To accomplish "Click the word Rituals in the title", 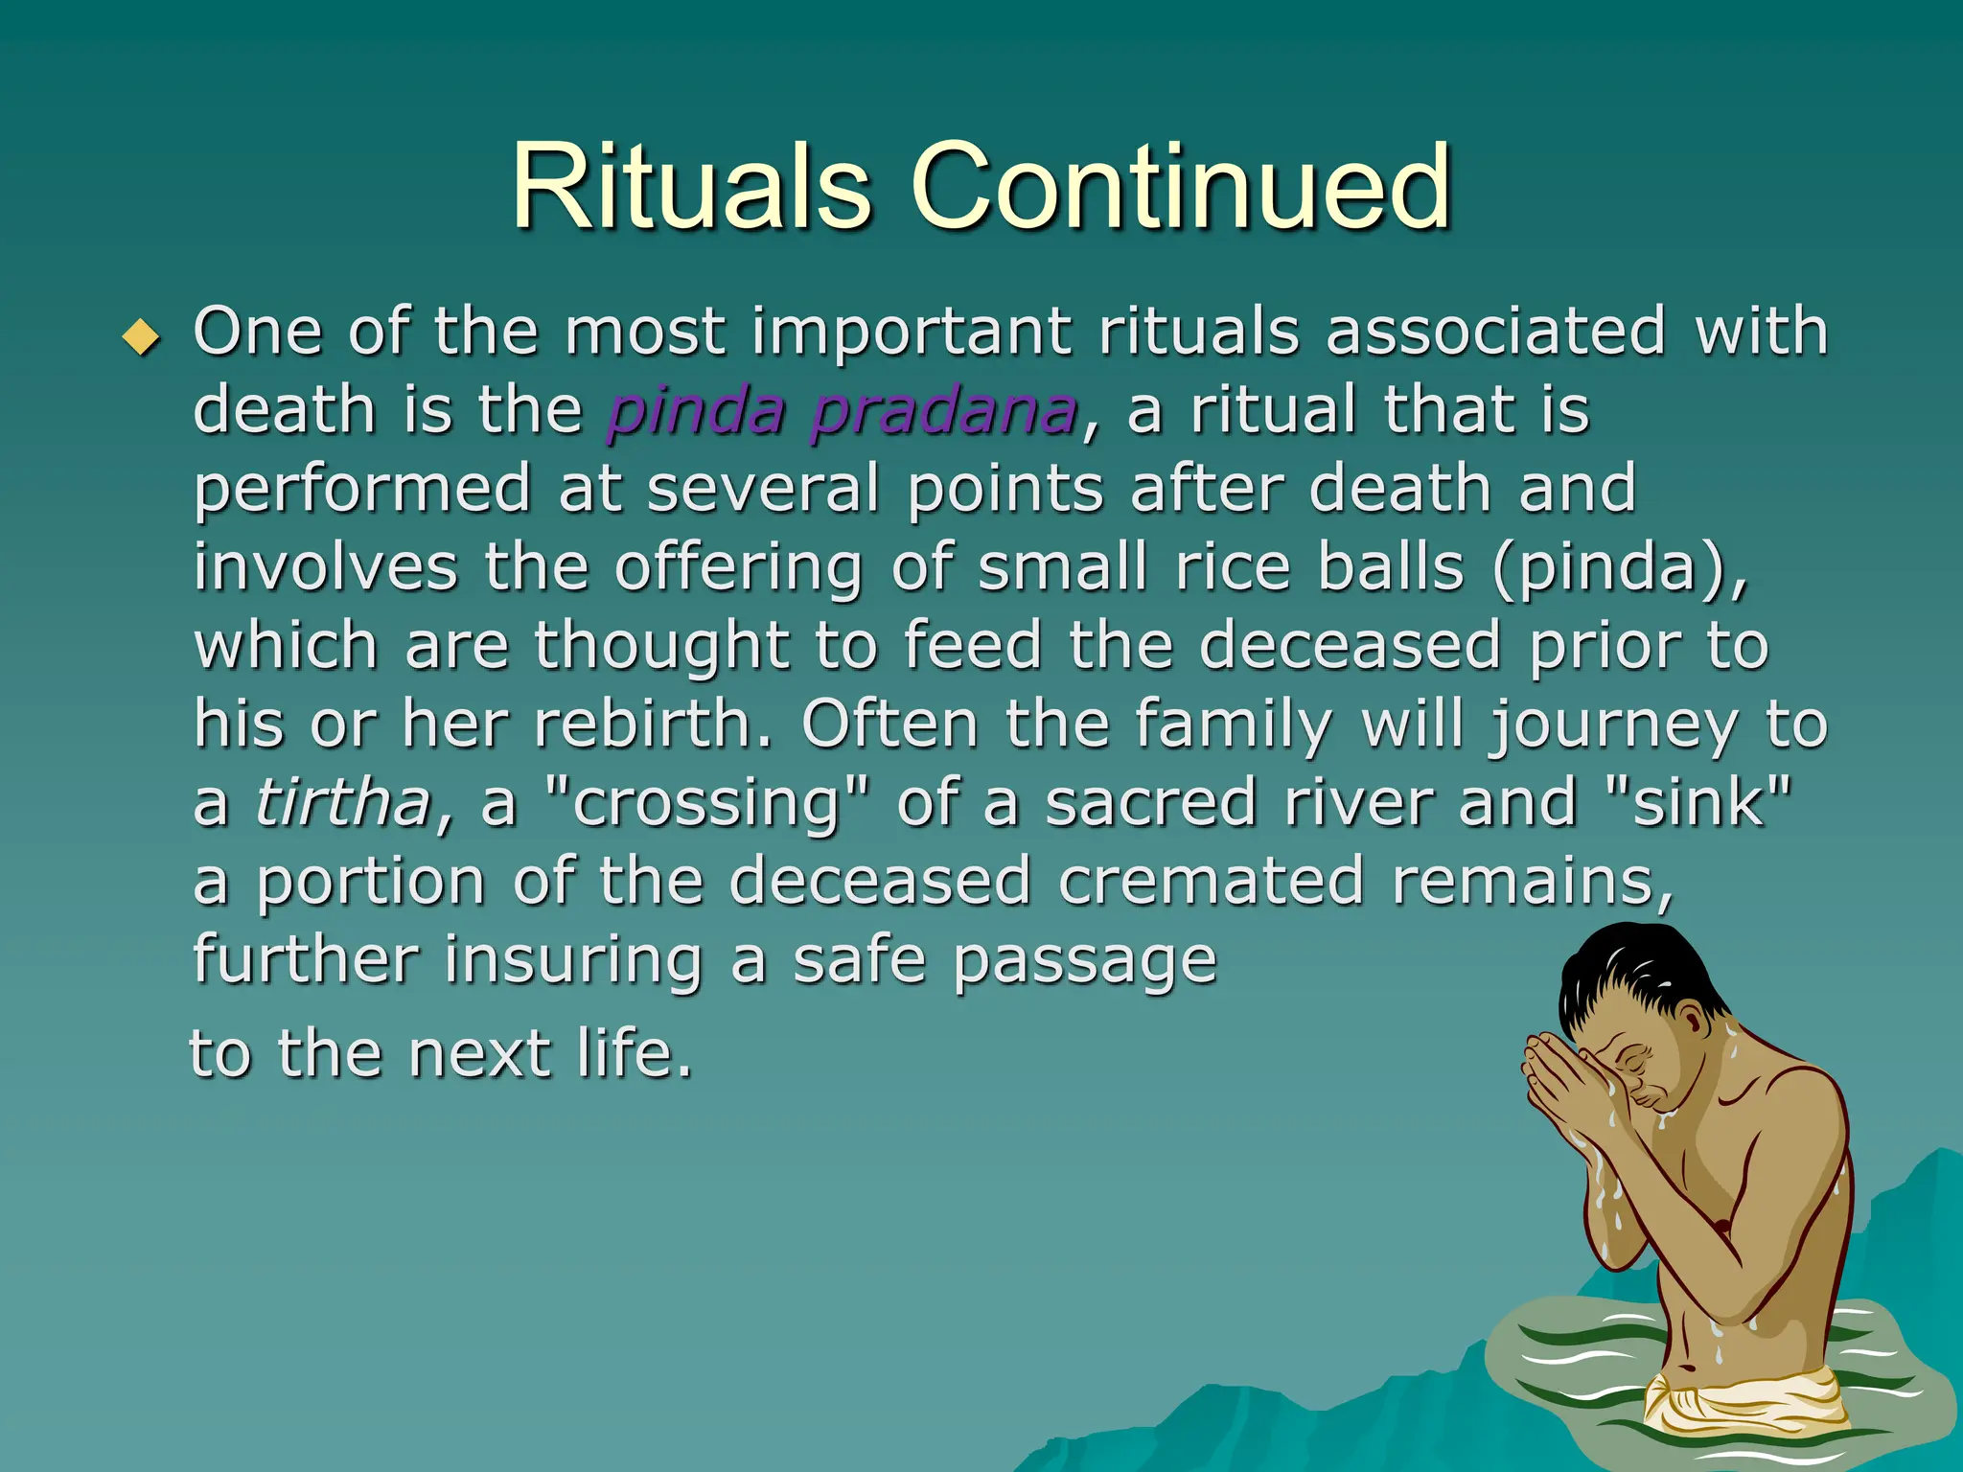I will pos(692,187).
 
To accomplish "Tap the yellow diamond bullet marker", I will pos(142,337).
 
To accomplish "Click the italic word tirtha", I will pos(343,803).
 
